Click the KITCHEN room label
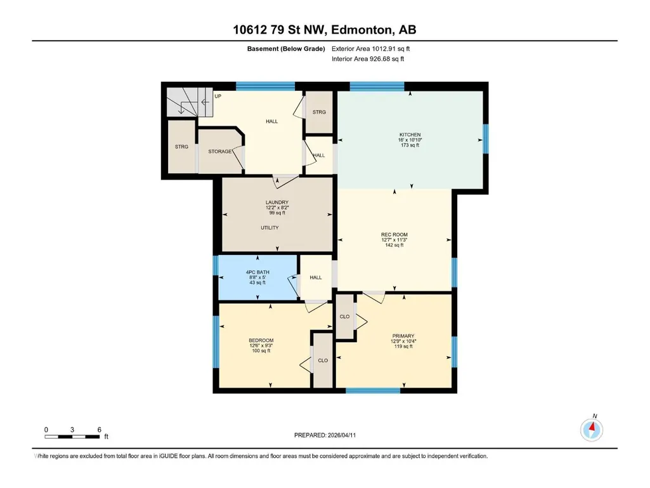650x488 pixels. pyautogui.click(x=410, y=135)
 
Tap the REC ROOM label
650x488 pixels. pyautogui.click(x=394, y=234)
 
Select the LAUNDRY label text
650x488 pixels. pyautogui.click(x=277, y=202)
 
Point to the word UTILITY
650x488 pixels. pyautogui.click(x=270, y=228)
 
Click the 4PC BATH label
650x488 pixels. pyautogui.click(x=257, y=272)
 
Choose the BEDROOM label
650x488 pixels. pyautogui.click(x=261, y=340)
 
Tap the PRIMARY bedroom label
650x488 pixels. pyautogui.click(x=403, y=336)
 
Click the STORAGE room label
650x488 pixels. pyautogui.click(x=219, y=152)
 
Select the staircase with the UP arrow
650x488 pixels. pyautogui.click(x=190, y=102)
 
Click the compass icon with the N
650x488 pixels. pyautogui.click(x=592, y=429)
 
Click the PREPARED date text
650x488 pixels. pyautogui.click(x=325, y=435)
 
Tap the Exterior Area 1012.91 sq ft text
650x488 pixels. pyautogui.click(x=370, y=49)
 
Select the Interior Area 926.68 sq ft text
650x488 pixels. pyautogui.click(x=368, y=59)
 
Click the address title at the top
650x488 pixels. pyautogui.click(x=325, y=30)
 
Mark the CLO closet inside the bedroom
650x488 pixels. pyautogui.click(x=323, y=360)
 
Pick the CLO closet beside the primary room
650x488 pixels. pyautogui.click(x=344, y=316)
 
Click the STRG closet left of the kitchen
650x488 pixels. pyautogui.click(x=319, y=112)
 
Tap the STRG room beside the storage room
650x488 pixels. pyautogui.click(x=181, y=147)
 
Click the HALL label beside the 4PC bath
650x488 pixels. pyautogui.click(x=315, y=277)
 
